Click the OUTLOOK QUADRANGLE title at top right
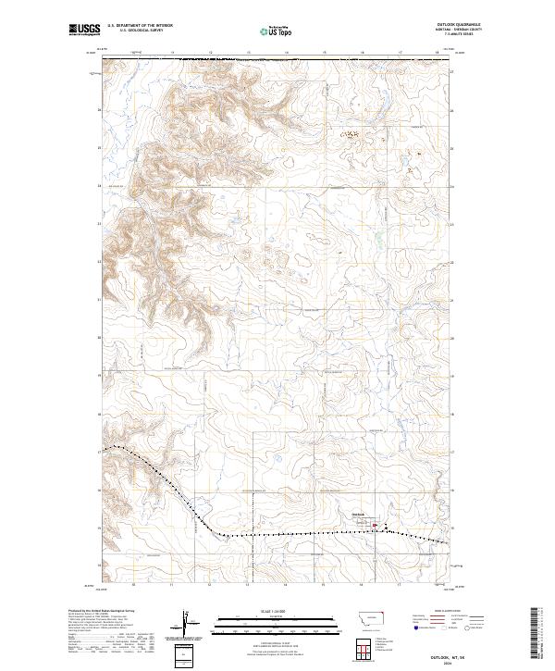point(464,25)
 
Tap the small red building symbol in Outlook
point(375,526)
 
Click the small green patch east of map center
point(378,242)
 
